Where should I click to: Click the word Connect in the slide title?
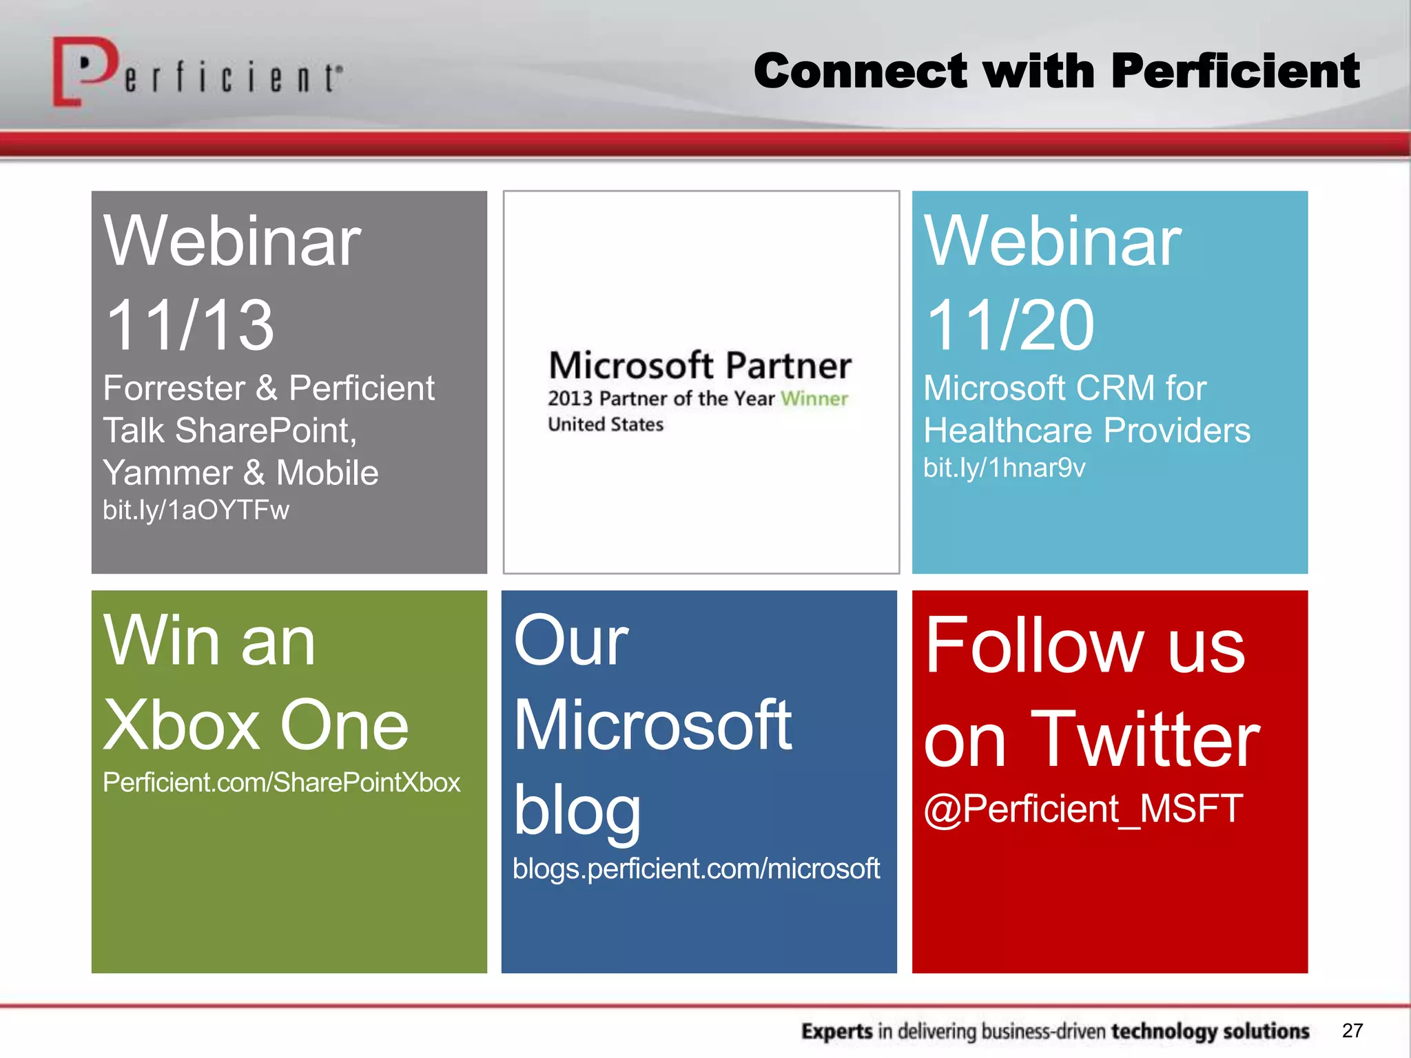coord(861,71)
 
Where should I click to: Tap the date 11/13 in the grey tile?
coord(190,325)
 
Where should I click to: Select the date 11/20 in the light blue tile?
coord(1010,325)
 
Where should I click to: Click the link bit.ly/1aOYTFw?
coord(196,510)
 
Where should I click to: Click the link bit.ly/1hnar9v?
coord(1004,468)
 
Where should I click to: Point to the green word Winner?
coord(814,398)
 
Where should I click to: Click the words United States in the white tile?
coord(606,424)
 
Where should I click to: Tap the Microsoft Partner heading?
coord(700,365)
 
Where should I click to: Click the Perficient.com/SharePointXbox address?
coord(281,782)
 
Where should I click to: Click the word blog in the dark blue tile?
coord(577,811)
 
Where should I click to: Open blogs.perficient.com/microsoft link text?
coord(696,869)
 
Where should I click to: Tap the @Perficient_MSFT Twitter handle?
coord(1083,809)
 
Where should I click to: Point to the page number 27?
coord(1352,1030)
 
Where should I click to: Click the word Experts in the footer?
coord(837,1031)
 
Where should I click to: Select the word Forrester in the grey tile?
coord(174,388)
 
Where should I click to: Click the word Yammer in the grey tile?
coord(168,473)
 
